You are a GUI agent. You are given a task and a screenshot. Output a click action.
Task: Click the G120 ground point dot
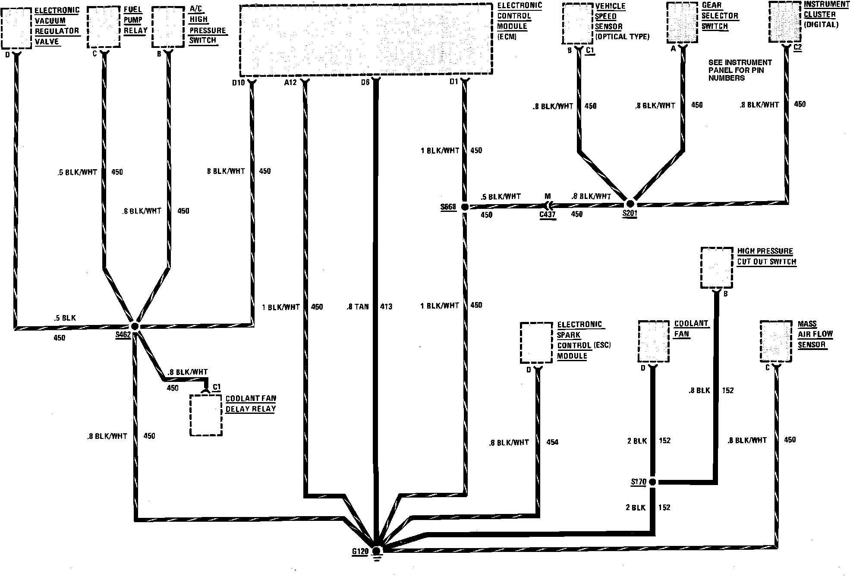point(376,551)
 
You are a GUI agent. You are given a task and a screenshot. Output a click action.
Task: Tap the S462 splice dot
point(135,326)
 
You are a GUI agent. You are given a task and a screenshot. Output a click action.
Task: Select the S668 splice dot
point(465,207)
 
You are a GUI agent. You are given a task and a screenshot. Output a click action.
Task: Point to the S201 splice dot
point(630,204)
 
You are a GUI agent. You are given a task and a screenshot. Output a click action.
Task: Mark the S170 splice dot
point(652,482)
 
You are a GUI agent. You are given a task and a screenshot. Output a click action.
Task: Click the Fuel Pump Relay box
point(104,27)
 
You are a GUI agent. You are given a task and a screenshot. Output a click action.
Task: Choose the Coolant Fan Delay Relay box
point(206,415)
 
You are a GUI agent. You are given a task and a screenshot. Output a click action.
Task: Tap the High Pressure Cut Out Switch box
point(717,268)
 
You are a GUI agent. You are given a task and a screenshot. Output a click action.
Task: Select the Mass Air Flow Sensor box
point(776,341)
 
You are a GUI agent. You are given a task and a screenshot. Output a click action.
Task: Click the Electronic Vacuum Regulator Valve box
point(16,28)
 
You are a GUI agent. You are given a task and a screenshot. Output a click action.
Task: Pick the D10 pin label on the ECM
point(238,82)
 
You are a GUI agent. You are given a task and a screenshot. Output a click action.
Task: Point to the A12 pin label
point(290,82)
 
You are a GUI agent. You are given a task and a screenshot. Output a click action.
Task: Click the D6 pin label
point(365,82)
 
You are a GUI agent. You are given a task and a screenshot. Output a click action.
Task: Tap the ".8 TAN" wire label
point(358,307)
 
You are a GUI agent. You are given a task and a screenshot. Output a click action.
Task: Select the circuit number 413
point(386,307)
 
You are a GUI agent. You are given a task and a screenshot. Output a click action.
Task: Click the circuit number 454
point(552,442)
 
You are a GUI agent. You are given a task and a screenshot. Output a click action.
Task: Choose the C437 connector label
point(547,214)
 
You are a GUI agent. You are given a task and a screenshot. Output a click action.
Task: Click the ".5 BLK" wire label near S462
point(65,318)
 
